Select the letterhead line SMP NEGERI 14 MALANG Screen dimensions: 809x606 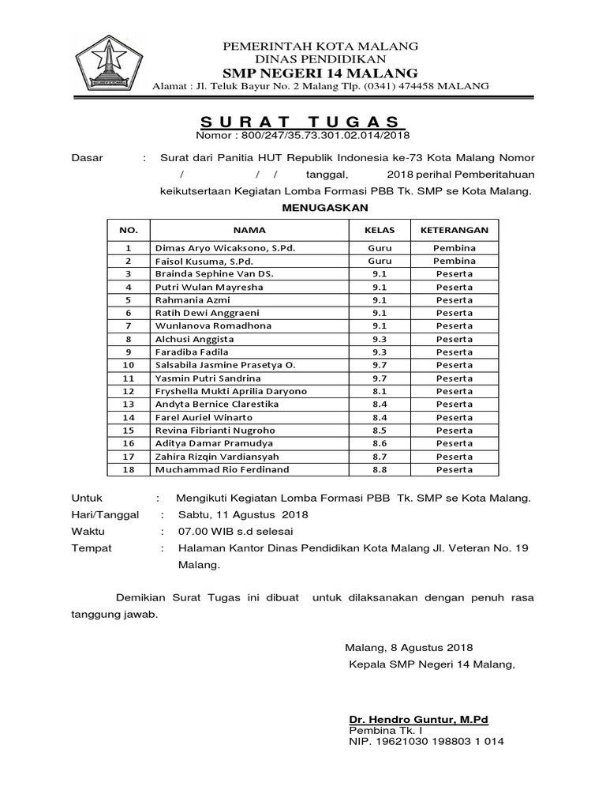tap(320, 73)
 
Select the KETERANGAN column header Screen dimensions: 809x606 tap(454, 230)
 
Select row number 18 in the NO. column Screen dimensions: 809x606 tap(129, 469)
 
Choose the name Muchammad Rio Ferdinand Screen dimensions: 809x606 tap(223, 469)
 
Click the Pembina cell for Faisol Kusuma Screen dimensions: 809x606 tap(454, 261)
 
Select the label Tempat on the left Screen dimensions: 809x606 tap(92, 548)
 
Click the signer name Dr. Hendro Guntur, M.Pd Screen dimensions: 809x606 tap(419, 720)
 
